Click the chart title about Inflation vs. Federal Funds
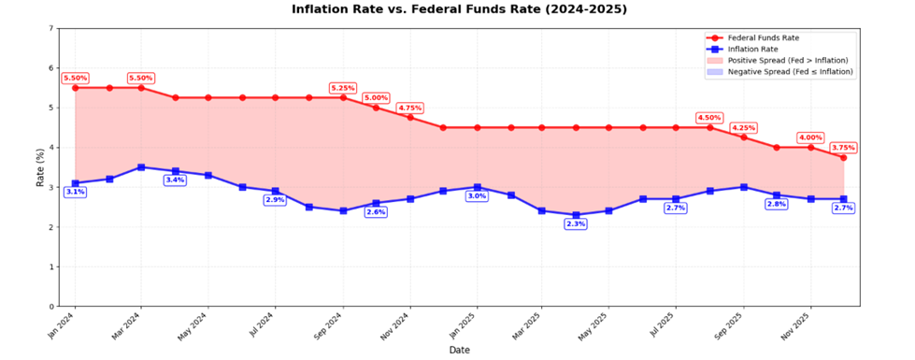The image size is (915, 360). pyautogui.click(x=459, y=9)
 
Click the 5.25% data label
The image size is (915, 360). pyautogui.click(x=343, y=88)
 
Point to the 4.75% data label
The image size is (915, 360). pyautogui.click(x=409, y=108)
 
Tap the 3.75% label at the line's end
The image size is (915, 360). pyautogui.click(x=842, y=147)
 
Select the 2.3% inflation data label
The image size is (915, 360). pyautogui.click(x=576, y=224)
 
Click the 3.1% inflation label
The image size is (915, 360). pyautogui.click(x=75, y=192)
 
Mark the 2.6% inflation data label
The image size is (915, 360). pyautogui.click(x=376, y=212)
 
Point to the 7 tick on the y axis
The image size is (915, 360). pyautogui.click(x=50, y=28)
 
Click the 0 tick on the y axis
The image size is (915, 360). pyautogui.click(x=50, y=307)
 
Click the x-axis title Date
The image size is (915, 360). pyautogui.click(x=459, y=350)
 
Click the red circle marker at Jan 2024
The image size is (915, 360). pyautogui.click(x=75, y=87)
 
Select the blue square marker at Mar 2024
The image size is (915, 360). pyautogui.click(x=141, y=167)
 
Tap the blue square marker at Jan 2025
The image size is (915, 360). pyautogui.click(x=477, y=187)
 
